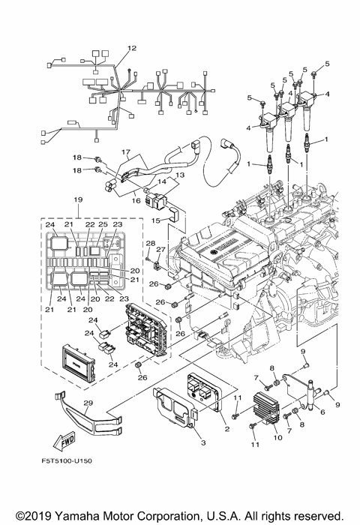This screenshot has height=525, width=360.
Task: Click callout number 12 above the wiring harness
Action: click(132, 48)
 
